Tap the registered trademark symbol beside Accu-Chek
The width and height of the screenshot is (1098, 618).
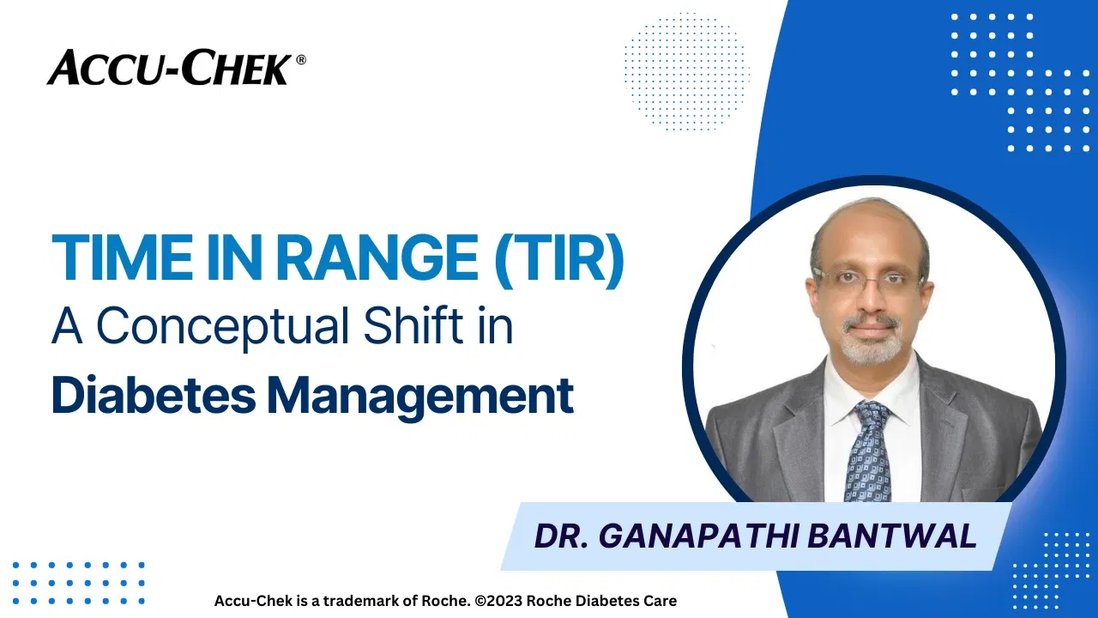coord(300,60)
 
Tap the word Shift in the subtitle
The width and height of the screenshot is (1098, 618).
coord(407,327)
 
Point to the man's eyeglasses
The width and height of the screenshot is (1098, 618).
coord(868,280)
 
